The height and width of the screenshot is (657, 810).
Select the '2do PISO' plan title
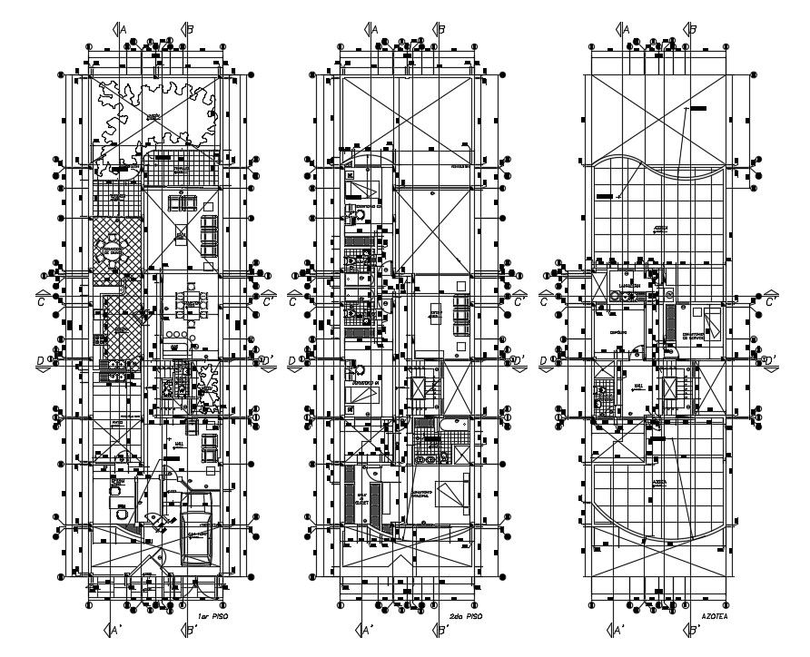point(465,616)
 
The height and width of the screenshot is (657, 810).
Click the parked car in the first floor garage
point(195,537)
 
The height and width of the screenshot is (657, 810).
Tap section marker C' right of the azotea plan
point(770,300)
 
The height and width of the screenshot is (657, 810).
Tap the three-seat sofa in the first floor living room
point(210,234)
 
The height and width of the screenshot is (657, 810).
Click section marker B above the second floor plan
point(438,28)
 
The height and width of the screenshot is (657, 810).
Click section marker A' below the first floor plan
point(114,629)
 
